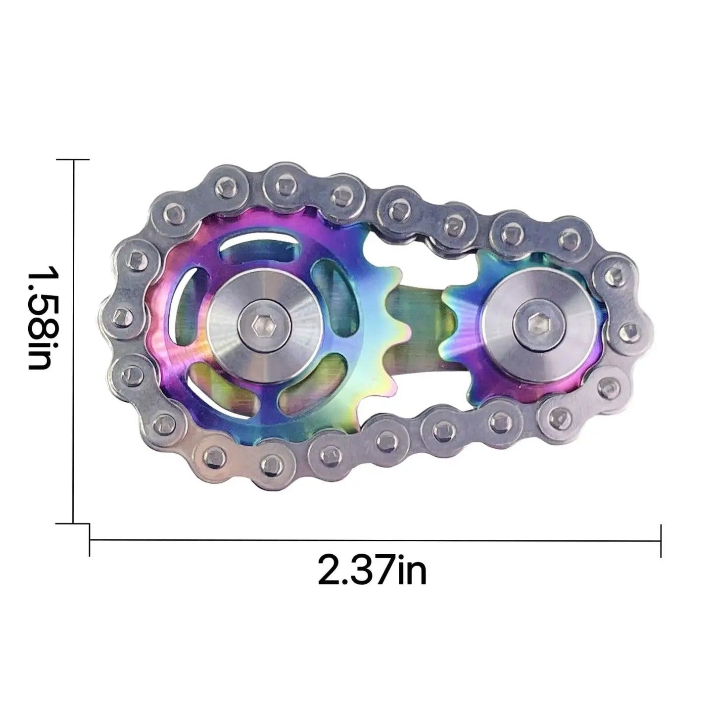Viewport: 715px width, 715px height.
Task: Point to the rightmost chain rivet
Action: pos(629,328)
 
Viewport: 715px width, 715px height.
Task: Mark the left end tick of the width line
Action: pos(90,540)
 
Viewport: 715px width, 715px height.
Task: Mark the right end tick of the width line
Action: pos(661,540)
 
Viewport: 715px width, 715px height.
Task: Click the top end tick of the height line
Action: pos(74,160)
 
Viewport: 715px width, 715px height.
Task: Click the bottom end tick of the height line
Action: pos(74,523)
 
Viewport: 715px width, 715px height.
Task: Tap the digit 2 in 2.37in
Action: pos(329,570)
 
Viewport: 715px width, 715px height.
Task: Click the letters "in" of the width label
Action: pos(411,570)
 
